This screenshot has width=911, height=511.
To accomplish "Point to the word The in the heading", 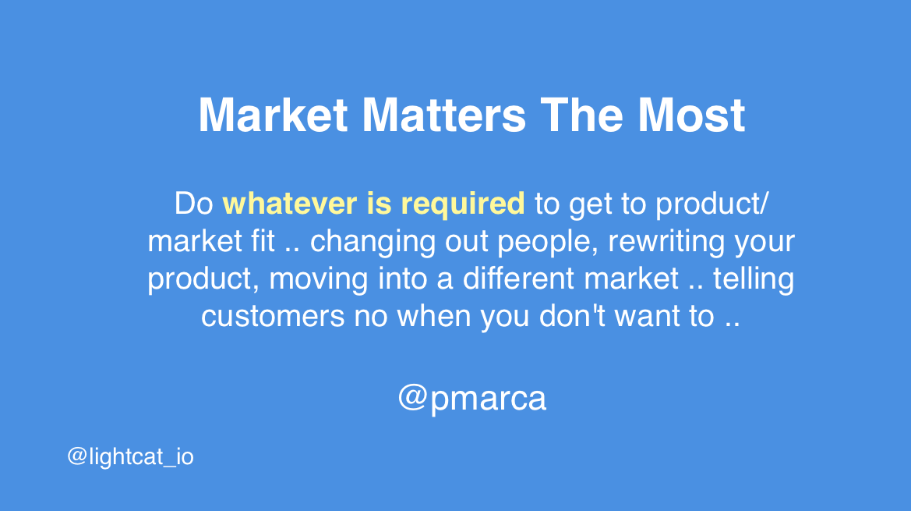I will pos(581,115).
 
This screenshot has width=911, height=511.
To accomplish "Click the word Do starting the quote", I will pos(194,204).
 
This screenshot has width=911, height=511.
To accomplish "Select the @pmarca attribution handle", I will pos(472,398).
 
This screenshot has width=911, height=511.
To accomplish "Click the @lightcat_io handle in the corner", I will pos(130,456).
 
